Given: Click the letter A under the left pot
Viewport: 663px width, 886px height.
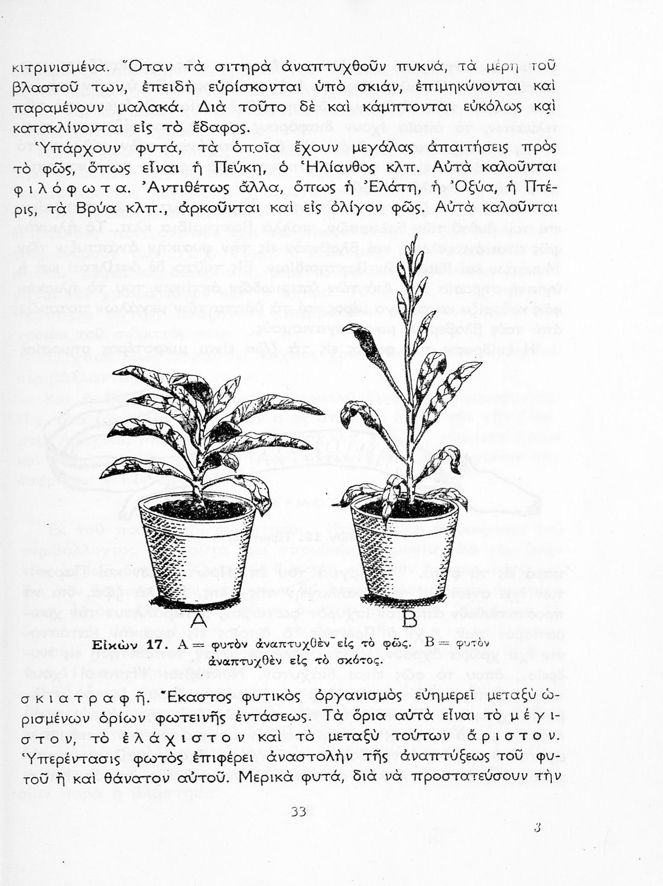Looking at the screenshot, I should [x=199, y=620].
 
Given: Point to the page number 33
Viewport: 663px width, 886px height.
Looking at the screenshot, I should [x=298, y=812].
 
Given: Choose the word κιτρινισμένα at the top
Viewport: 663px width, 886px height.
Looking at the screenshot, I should [x=59, y=67].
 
